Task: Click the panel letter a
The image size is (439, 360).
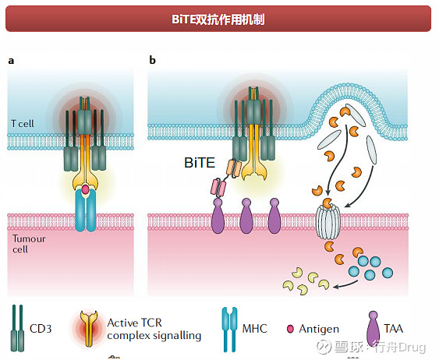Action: tap(11, 60)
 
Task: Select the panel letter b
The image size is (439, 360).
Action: tap(152, 60)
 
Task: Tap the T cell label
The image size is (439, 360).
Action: tap(24, 124)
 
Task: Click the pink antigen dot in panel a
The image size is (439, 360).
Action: tap(85, 189)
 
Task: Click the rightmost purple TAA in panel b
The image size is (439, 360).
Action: tap(274, 216)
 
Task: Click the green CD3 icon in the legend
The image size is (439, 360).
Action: tap(16, 328)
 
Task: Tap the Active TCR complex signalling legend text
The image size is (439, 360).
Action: tap(154, 329)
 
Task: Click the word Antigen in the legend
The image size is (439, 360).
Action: tap(317, 329)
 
